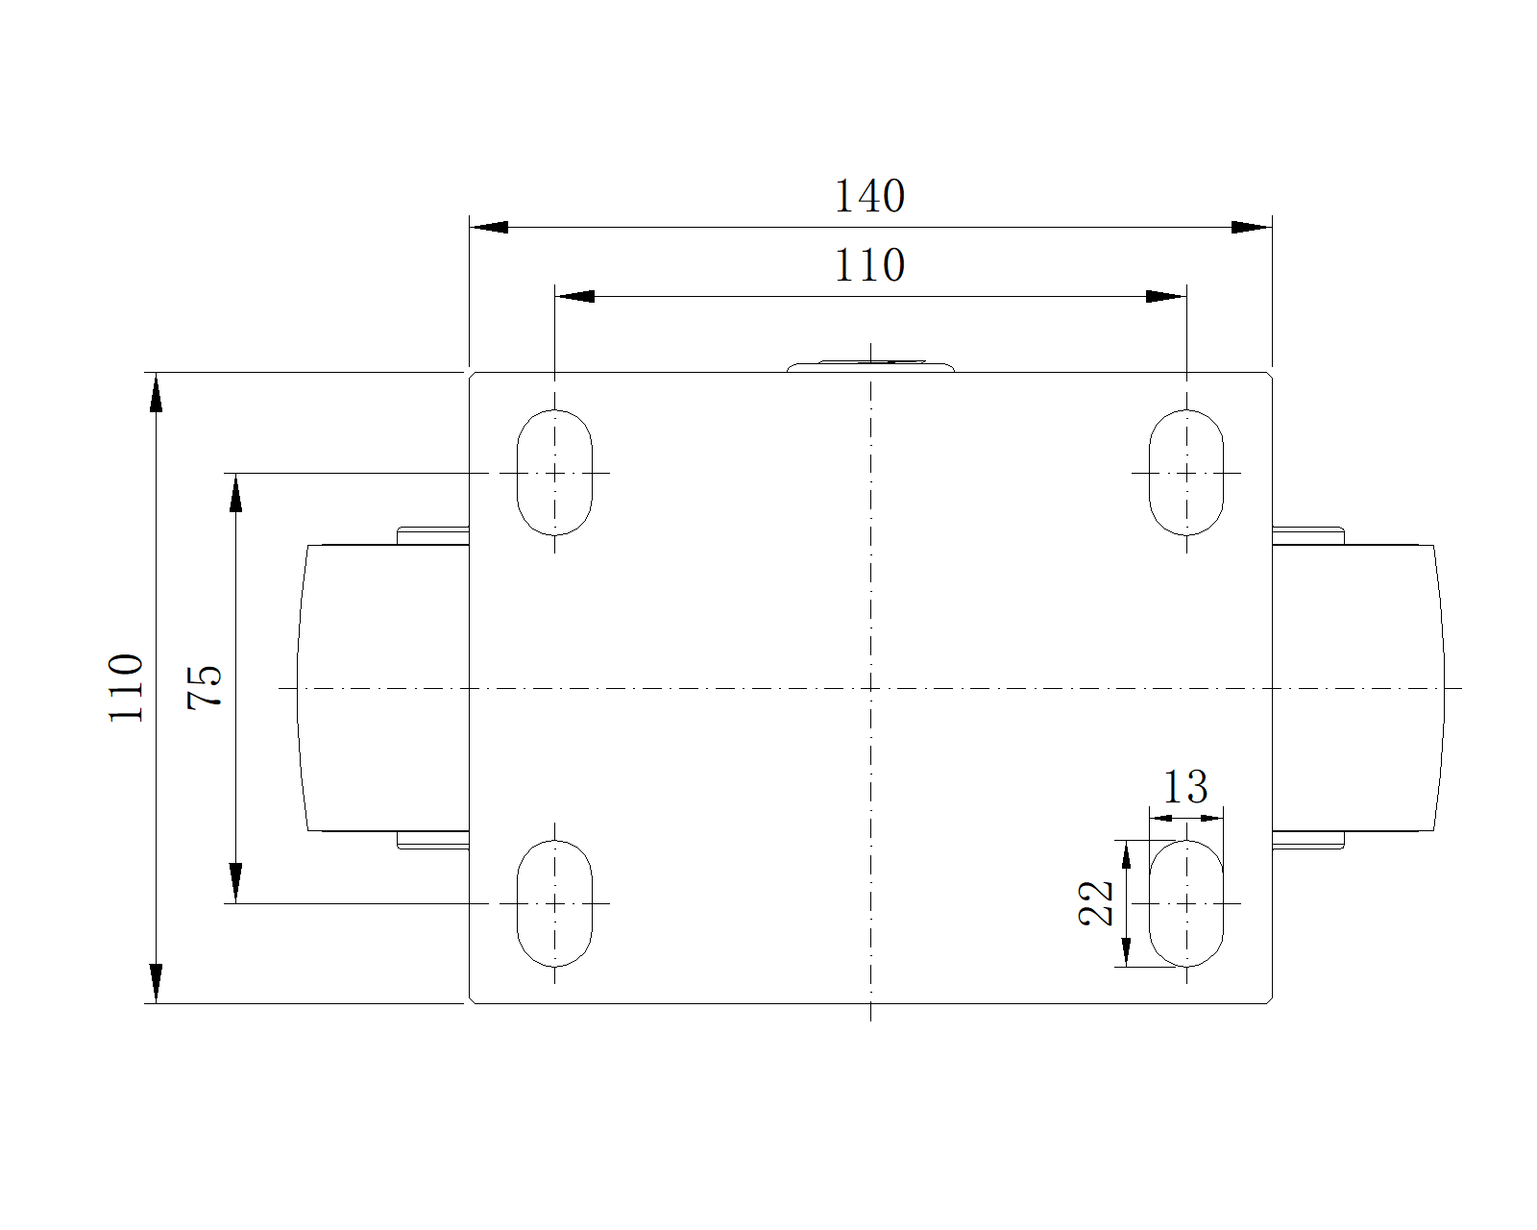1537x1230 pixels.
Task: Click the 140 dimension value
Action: coord(869,196)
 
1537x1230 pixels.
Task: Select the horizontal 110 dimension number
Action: coord(869,265)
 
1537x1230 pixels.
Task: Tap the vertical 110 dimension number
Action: coord(127,688)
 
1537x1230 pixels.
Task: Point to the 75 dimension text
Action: coord(206,687)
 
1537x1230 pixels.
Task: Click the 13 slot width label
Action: coord(1185,788)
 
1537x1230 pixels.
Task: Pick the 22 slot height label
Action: coord(1097,903)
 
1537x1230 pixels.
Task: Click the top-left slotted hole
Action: coord(555,473)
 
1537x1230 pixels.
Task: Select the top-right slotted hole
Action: coord(1186,473)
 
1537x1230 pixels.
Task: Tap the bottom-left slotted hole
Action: coord(555,903)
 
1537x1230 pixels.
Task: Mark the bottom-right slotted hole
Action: coord(1186,903)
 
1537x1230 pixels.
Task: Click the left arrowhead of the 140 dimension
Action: coord(488,228)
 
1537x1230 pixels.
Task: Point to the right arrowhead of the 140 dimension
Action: coord(1252,228)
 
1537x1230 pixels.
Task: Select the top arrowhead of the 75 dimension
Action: coord(235,491)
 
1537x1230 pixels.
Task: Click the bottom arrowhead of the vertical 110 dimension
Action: coord(156,984)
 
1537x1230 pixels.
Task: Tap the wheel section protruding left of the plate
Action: coord(384,688)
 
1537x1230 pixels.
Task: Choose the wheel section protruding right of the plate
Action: coord(1356,688)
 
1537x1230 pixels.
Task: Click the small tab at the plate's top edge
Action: coord(870,366)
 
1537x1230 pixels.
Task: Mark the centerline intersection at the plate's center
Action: coord(870,688)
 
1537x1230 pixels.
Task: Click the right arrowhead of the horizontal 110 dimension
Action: coord(1166,296)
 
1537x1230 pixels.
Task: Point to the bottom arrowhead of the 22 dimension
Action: coord(1126,952)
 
